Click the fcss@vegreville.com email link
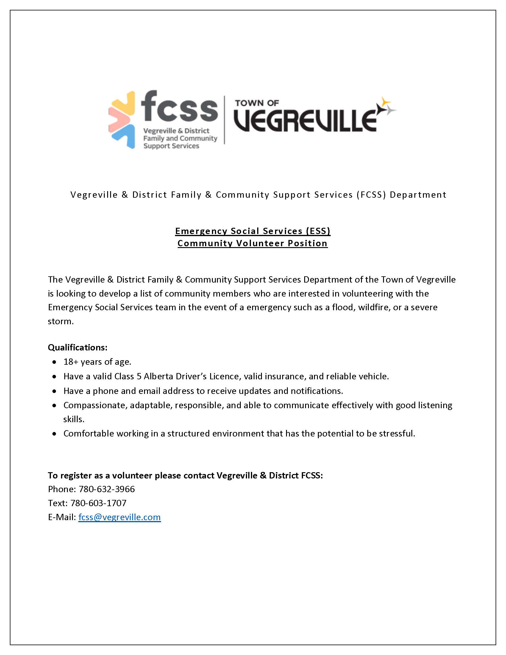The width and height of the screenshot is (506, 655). [119, 517]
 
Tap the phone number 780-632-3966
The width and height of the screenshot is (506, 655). [107, 489]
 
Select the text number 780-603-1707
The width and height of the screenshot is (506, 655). [98, 503]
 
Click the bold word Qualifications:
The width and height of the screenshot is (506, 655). [78, 347]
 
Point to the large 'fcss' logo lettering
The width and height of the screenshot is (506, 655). [179, 107]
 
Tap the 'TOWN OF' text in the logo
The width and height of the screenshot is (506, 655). [257, 103]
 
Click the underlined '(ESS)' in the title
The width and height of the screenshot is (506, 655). [318, 231]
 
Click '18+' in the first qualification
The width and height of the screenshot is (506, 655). [71, 362]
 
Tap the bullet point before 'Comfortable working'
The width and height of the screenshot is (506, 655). [54, 434]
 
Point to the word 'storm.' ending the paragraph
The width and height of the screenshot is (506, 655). [61, 321]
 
